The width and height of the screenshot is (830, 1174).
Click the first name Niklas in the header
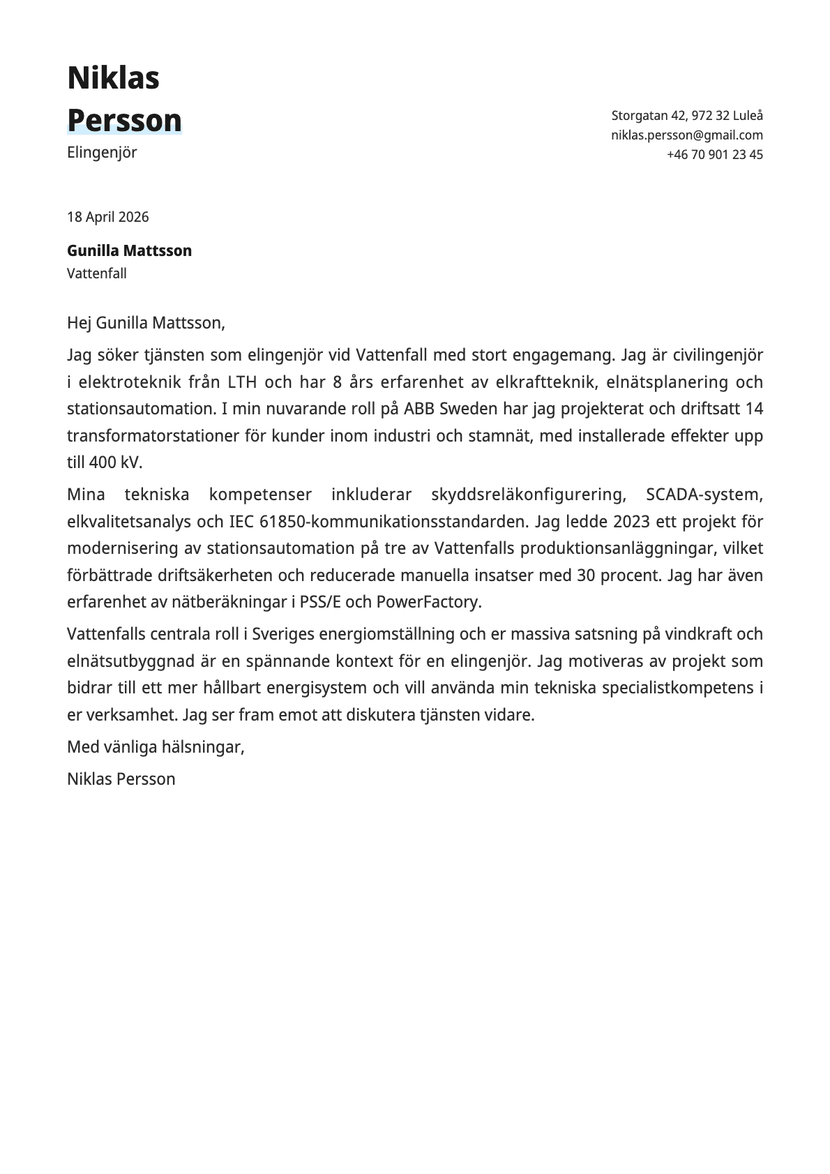[113, 77]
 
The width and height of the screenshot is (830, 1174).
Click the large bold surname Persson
[124, 120]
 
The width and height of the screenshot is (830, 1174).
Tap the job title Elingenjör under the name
[102, 152]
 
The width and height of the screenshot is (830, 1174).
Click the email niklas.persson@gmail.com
[686, 135]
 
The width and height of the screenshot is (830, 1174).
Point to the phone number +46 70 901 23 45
[714, 155]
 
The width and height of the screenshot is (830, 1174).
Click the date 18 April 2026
[107, 217]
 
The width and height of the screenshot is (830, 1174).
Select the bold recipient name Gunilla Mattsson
[129, 250]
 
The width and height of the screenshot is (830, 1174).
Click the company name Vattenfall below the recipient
[96, 273]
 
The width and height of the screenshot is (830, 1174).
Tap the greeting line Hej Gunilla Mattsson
[146, 323]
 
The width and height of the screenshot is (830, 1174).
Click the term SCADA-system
[704, 495]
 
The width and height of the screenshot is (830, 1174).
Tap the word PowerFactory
[428, 602]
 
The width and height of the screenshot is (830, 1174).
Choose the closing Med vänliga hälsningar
[155, 747]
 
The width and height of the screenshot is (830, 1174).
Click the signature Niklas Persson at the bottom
[121, 779]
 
